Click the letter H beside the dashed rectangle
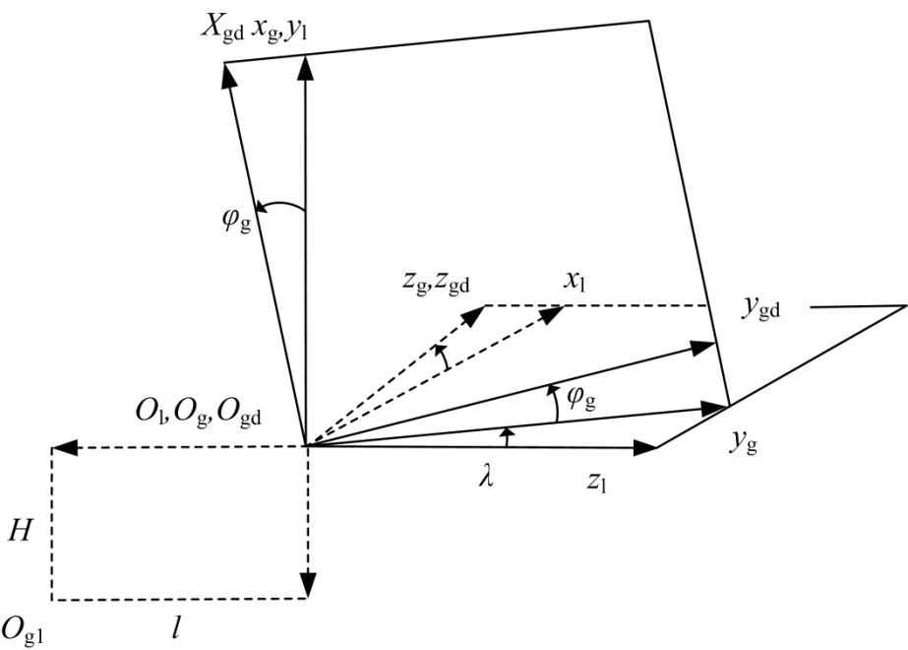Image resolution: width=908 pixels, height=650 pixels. tap(20, 530)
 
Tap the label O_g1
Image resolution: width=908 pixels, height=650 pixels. tap(23, 629)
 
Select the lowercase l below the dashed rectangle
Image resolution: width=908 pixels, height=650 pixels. tap(176, 627)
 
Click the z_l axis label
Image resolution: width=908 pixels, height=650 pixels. tap(596, 481)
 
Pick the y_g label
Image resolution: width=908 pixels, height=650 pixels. tap(744, 443)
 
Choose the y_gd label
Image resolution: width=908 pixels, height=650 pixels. tap(760, 307)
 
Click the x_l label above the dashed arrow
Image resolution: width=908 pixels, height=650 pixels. tap(575, 282)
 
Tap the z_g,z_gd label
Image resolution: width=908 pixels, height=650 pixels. tap(436, 283)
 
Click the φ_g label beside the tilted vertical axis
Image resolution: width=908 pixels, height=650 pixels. tap(237, 220)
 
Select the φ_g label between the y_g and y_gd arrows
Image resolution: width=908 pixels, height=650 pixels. tap(581, 398)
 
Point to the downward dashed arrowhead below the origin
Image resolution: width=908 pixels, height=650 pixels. tap(308, 584)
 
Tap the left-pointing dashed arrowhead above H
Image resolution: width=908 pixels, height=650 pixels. tap(65, 448)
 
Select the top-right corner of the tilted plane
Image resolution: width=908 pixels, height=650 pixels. tap(649, 21)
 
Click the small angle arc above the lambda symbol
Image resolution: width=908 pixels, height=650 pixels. tap(507, 436)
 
